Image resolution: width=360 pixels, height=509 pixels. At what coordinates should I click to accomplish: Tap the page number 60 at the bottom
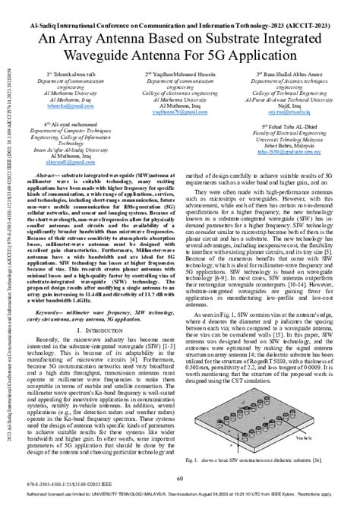coord(180,478)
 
